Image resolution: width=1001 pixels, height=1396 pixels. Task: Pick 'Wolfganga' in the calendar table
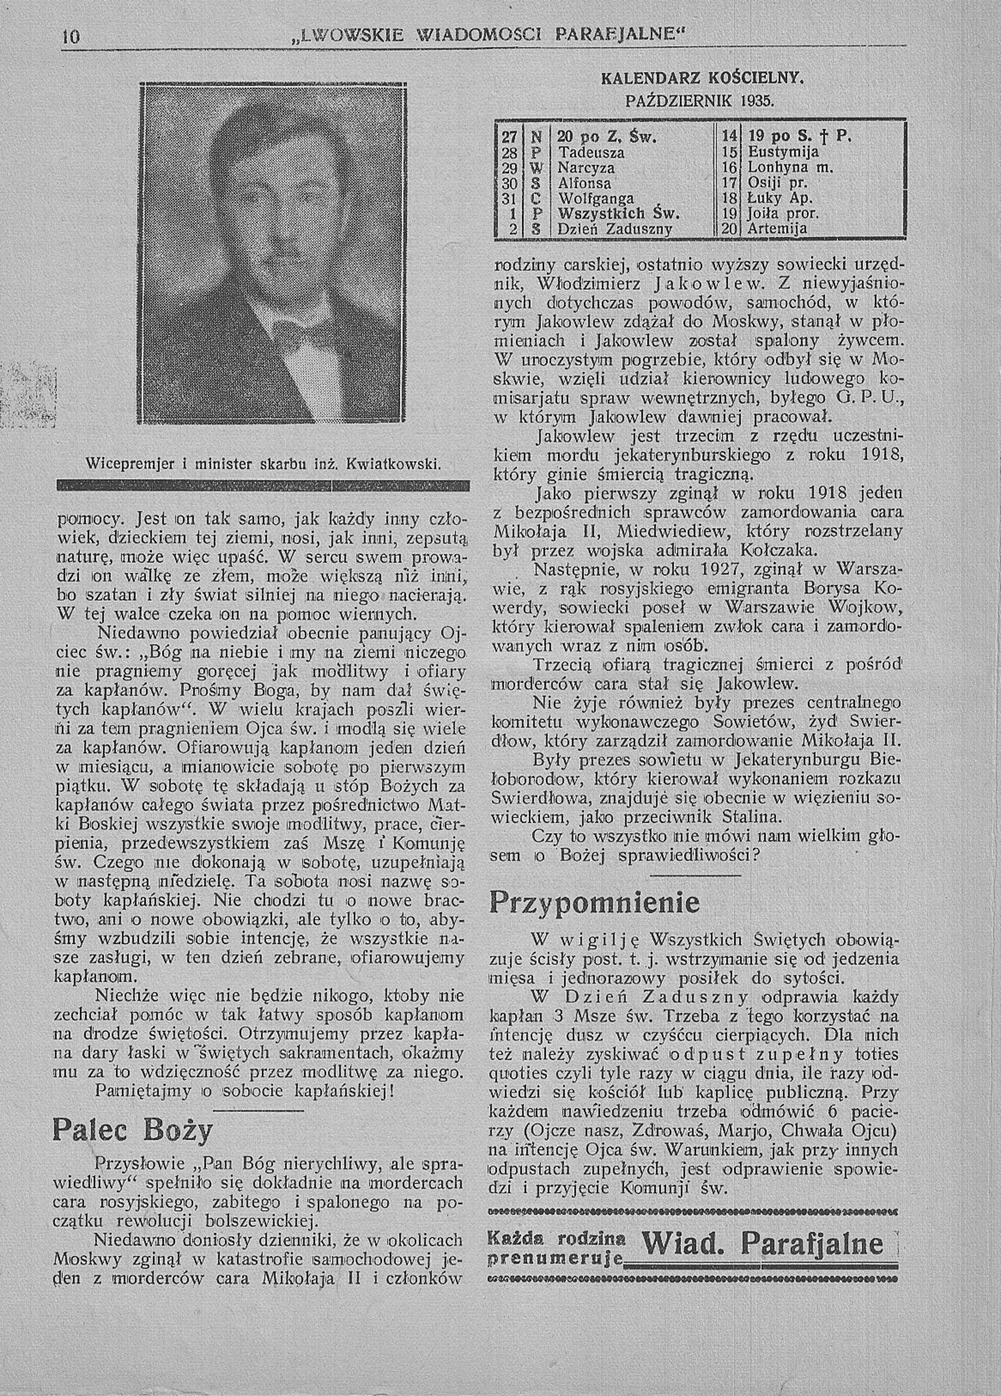[x=596, y=199]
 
